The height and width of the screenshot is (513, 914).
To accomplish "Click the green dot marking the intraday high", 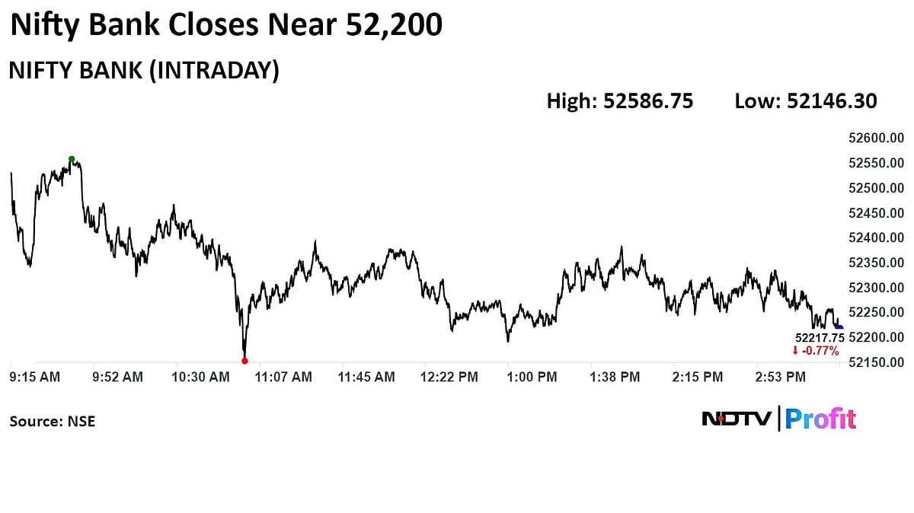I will click(72, 159).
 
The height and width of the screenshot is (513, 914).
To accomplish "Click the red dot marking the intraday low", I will click(244, 361).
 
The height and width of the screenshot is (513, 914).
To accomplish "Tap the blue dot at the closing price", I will click(839, 328).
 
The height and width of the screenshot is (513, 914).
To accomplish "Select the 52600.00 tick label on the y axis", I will click(875, 139).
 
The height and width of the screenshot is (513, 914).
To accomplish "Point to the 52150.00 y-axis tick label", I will click(875, 362).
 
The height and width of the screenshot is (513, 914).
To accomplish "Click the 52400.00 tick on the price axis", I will click(875, 238).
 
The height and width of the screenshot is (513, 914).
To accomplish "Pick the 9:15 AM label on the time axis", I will click(35, 377).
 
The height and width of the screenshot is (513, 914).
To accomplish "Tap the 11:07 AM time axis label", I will click(284, 377).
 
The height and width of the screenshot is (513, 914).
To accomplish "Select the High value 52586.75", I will click(648, 101).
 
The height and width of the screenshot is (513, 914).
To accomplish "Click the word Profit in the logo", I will click(820, 419).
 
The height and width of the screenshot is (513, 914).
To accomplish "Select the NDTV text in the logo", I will click(736, 419).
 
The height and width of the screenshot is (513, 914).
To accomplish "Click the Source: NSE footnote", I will click(53, 420).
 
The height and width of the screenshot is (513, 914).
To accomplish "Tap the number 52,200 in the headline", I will click(394, 26).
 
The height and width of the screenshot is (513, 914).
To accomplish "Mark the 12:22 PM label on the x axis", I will click(449, 377).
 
